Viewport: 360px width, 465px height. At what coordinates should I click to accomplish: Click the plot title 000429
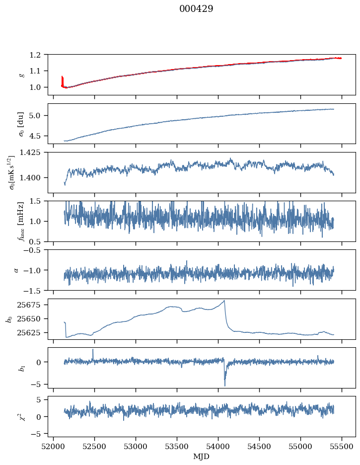point(196,9)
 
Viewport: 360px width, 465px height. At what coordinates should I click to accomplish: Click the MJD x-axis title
point(202,457)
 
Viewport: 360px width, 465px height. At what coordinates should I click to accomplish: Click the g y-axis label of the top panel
point(21,75)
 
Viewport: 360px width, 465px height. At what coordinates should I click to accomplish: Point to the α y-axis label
point(16,270)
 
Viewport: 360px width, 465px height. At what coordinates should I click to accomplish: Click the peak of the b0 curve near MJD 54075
point(224,301)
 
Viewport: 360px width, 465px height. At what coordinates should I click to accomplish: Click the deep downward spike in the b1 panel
point(224,385)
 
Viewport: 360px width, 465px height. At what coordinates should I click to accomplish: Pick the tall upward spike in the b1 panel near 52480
point(93,350)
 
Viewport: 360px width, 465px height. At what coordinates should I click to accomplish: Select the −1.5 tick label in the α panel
point(36,290)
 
